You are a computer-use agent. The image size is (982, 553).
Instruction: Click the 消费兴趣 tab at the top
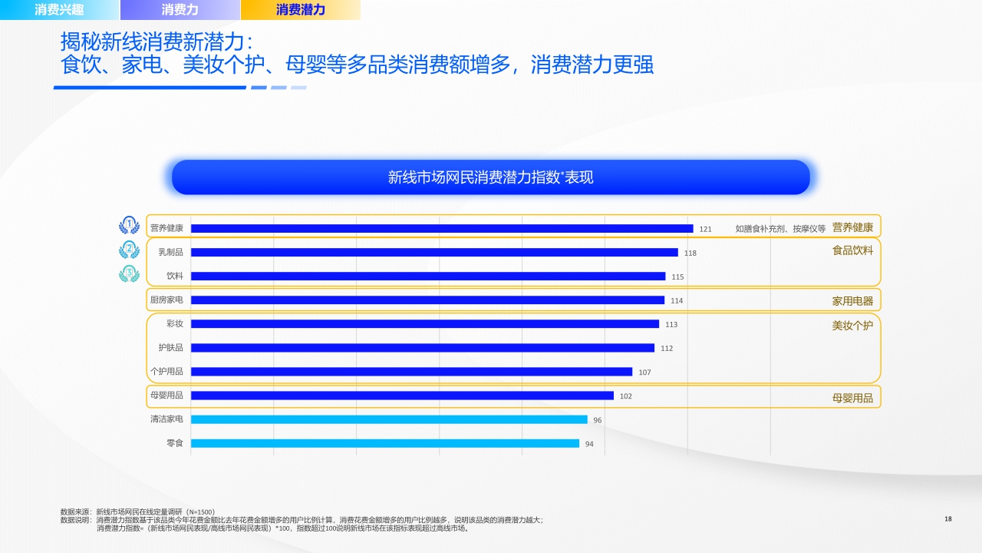[59, 10]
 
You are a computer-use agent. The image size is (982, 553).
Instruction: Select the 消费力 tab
[180, 10]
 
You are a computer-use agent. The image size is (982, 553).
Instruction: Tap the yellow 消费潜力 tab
[300, 10]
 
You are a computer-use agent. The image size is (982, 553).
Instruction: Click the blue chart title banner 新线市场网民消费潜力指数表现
[491, 177]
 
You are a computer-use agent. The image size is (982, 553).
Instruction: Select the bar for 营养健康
[441, 228]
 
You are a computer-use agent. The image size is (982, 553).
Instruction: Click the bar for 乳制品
[433, 252]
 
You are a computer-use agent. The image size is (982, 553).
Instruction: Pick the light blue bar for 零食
[384, 443]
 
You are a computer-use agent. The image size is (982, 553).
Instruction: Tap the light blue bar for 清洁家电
[389, 419]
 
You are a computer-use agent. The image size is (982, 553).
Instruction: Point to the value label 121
[705, 229]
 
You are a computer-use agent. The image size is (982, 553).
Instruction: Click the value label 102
[625, 396]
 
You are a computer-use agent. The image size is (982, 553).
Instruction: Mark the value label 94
[589, 444]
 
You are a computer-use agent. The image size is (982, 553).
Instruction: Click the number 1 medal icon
[130, 225]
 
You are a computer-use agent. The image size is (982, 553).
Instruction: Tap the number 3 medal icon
[130, 273]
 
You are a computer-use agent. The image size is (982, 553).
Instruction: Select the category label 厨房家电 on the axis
[166, 300]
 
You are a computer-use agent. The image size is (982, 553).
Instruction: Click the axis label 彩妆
[174, 323]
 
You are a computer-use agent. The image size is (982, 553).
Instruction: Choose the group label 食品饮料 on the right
[852, 250]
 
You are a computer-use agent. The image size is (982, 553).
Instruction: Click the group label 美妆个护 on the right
[852, 326]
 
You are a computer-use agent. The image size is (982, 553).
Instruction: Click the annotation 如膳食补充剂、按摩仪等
[779, 229]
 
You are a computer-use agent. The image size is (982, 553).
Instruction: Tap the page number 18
[948, 519]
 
